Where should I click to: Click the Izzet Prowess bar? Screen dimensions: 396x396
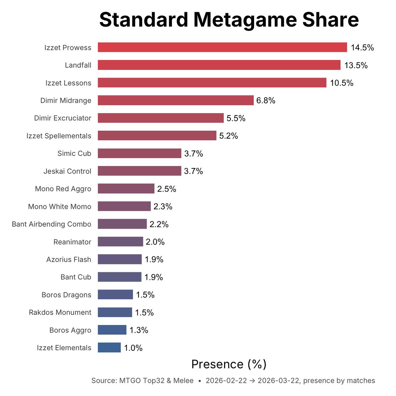click(222, 47)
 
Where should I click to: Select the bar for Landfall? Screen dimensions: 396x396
click(219, 65)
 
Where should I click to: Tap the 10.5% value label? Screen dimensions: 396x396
click(342, 83)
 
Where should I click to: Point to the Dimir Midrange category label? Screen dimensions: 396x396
click(66, 100)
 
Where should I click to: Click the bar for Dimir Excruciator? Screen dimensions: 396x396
click(160, 118)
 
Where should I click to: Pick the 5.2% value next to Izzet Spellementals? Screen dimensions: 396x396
click(228, 136)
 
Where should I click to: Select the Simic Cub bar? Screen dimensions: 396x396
click(139, 153)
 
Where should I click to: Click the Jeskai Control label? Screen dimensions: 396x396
click(67, 171)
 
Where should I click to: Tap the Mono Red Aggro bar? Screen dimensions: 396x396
click(126, 189)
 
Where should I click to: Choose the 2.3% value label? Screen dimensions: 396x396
click(163, 207)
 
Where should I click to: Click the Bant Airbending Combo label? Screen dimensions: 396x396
click(51, 224)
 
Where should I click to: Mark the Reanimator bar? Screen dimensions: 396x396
click(120, 242)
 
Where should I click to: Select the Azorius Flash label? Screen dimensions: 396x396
click(69, 259)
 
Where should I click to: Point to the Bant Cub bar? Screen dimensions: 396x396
click(119, 277)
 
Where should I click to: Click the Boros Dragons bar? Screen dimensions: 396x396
click(115, 295)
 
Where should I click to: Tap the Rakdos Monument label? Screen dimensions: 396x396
click(60, 312)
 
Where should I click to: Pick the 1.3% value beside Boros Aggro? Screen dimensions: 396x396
click(139, 330)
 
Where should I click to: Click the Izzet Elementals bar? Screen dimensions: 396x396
click(109, 347)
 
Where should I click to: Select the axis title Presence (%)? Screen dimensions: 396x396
click(229, 364)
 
